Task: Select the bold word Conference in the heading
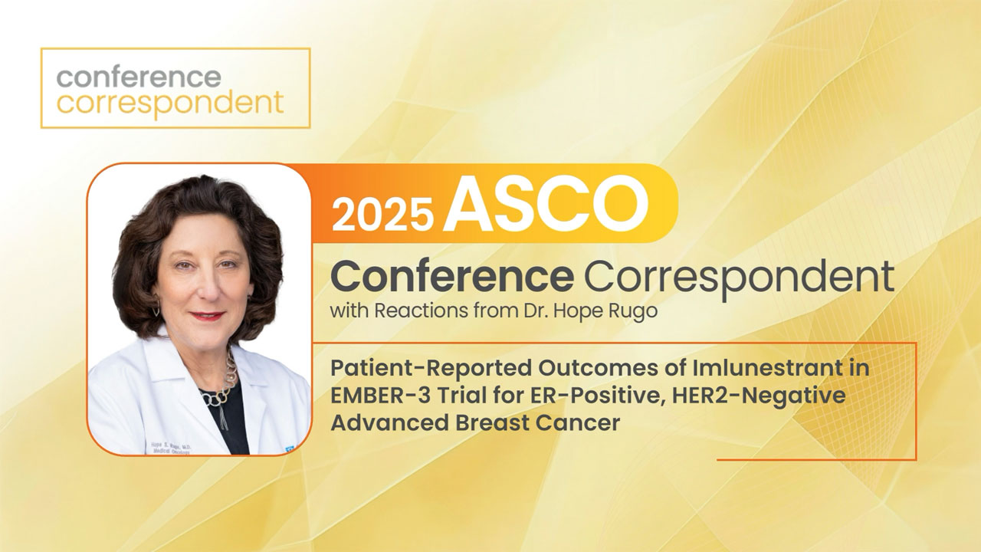tap(451, 276)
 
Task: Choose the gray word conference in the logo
tap(139, 77)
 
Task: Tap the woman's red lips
tap(208, 315)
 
